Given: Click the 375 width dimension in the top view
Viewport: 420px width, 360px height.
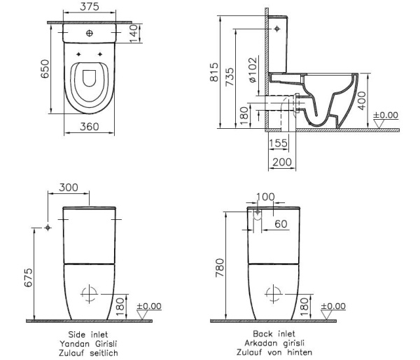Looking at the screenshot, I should click(88, 8).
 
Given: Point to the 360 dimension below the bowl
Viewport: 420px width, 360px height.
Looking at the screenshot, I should click(88, 127).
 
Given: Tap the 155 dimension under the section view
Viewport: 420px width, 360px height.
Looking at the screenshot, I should click(279, 142).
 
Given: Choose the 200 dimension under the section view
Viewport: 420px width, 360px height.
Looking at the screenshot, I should click(281, 162).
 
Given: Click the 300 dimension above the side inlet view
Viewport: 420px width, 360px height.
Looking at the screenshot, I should click(69, 188).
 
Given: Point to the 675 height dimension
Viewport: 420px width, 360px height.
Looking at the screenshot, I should click(28, 278).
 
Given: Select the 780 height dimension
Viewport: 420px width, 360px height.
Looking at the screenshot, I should click(219, 267).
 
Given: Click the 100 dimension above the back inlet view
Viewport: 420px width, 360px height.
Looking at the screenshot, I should click(266, 197).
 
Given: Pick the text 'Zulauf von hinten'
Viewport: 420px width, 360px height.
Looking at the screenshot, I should click(273, 352).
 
